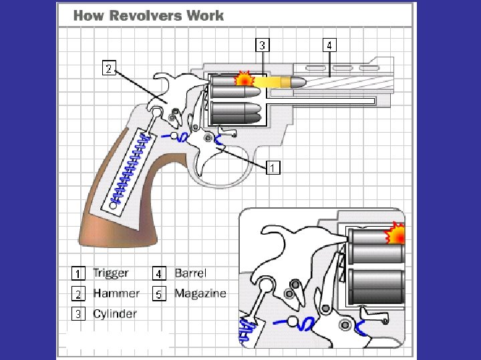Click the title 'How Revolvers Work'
(x=148, y=15)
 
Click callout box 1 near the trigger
(x=273, y=167)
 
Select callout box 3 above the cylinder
(x=264, y=45)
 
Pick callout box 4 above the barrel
(x=330, y=45)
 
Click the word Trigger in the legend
(x=110, y=273)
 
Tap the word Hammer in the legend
(x=116, y=293)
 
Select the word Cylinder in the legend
(x=115, y=313)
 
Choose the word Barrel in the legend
(x=190, y=273)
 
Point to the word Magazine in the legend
(x=200, y=293)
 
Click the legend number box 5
(x=159, y=294)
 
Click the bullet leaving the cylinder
(x=287, y=81)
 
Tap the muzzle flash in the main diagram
(x=245, y=79)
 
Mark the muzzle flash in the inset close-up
(x=397, y=234)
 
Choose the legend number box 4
(x=159, y=273)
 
